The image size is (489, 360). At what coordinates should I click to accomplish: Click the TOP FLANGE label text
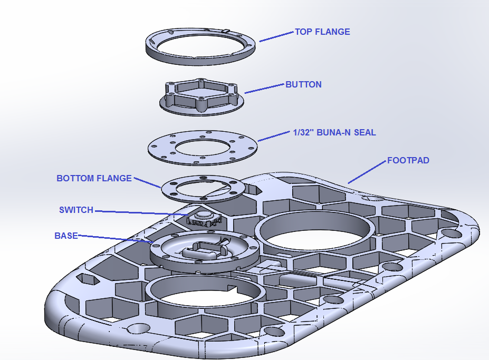(x=322, y=32)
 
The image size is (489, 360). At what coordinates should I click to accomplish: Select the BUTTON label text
(x=303, y=84)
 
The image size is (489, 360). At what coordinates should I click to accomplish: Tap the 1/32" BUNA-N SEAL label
(x=334, y=132)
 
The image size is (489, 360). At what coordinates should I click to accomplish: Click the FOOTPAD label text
(x=408, y=160)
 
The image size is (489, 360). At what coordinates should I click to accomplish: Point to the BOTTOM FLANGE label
(x=94, y=178)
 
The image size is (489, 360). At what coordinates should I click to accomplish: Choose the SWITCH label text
(x=76, y=210)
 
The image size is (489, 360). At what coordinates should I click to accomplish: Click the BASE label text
(x=66, y=236)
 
